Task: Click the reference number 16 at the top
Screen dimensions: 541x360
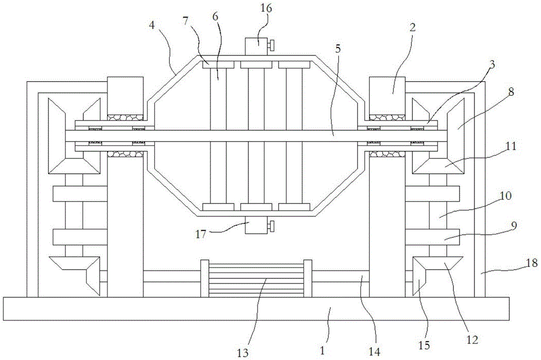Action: point(266,8)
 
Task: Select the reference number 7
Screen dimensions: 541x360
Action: point(186,21)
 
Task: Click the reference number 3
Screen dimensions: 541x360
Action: point(492,64)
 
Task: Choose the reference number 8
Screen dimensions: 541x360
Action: point(511,92)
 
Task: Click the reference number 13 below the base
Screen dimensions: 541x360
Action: point(243,353)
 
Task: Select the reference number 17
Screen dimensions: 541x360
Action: point(201,235)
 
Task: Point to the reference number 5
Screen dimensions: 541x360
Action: point(338,49)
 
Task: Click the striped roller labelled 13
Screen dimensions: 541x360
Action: point(256,278)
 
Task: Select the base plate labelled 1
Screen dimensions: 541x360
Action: point(256,309)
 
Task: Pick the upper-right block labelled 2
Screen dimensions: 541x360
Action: point(387,96)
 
